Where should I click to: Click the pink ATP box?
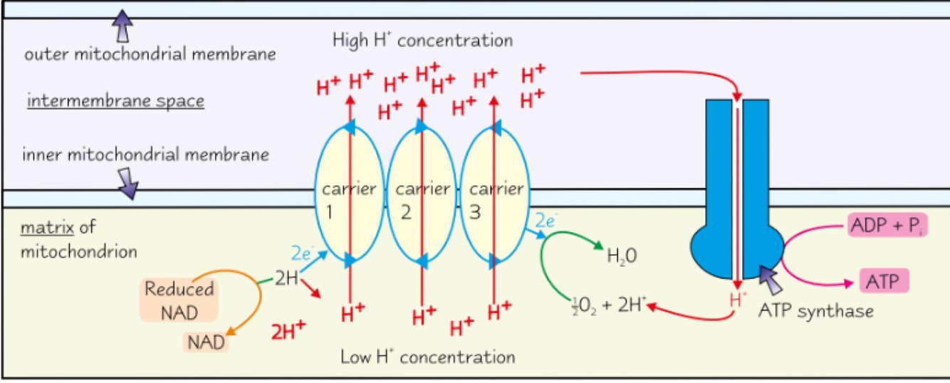click(885, 283)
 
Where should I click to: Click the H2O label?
click(616, 256)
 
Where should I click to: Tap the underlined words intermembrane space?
click(115, 102)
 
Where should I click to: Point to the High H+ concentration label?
click(422, 41)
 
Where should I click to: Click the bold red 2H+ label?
click(288, 330)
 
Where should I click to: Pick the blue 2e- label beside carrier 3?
click(545, 221)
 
